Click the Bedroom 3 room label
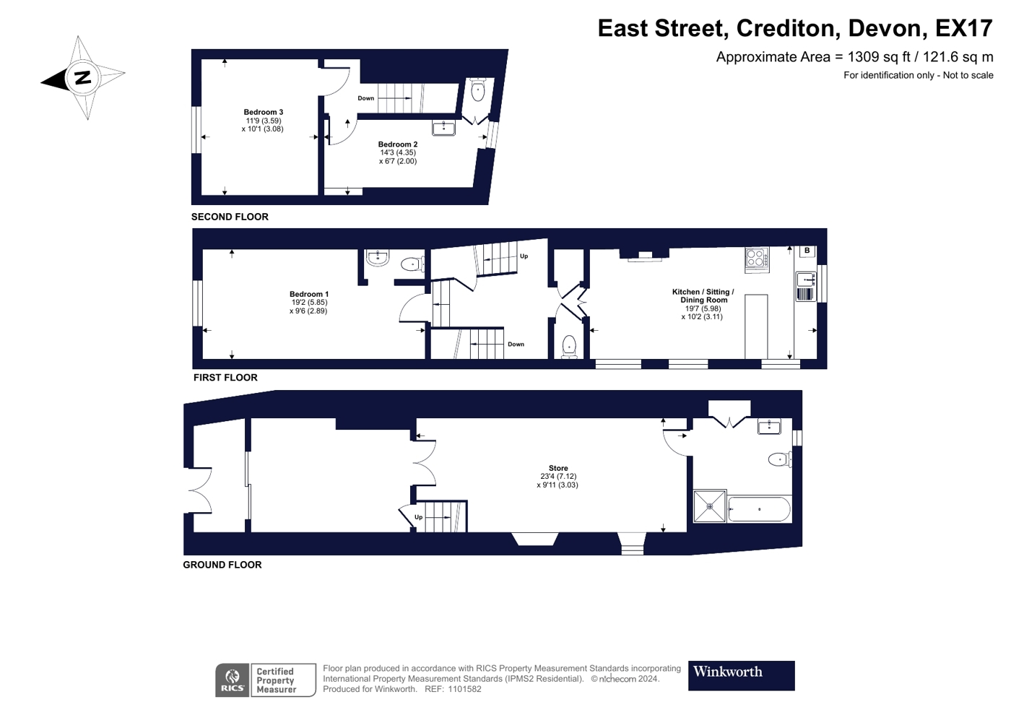click(x=263, y=112)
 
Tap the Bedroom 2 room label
click(x=398, y=144)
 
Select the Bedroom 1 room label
click(x=309, y=295)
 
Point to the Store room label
click(x=558, y=468)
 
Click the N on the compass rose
click(x=82, y=78)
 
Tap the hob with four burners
click(x=758, y=259)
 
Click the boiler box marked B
click(x=807, y=251)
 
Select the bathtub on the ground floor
click(x=759, y=509)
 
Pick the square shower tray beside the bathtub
click(x=710, y=506)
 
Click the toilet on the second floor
click(x=477, y=90)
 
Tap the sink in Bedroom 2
click(x=443, y=128)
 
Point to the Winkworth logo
click(x=741, y=676)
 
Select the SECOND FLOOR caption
click(x=230, y=217)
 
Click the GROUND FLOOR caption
click(x=222, y=565)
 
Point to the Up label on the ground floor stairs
click(x=418, y=517)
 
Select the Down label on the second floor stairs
click(x=365, y=98)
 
